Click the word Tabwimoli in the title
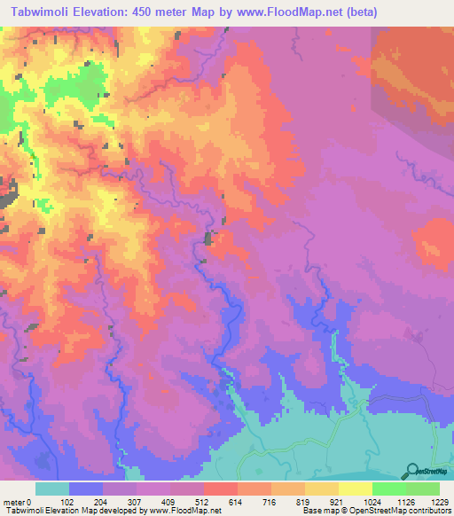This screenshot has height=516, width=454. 43,12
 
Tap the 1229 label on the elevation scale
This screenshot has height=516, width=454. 427,501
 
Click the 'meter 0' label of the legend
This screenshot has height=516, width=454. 17,501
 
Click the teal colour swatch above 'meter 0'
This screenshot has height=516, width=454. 52,489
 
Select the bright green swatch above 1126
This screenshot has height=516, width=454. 389,489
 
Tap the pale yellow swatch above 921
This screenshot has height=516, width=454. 322,489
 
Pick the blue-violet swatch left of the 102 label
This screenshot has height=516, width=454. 86,489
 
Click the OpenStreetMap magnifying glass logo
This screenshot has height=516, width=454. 412,472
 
